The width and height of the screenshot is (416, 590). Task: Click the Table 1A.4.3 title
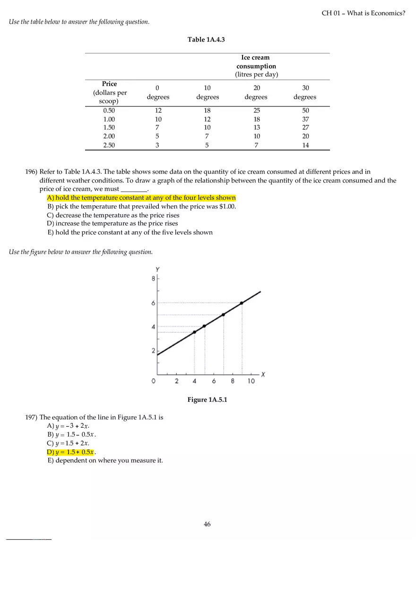coord(206,40)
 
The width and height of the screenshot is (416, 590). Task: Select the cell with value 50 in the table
coord(305,110)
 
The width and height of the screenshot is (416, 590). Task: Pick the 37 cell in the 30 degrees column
coord(305,119)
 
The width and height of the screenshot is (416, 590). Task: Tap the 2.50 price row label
coord(109,145)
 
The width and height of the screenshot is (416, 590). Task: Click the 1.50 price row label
coord(109,128)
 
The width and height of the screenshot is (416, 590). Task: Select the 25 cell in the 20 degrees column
coord(256,110)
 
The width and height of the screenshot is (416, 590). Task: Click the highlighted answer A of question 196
coord(141,198)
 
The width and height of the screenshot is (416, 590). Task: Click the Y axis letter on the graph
coord(157,269)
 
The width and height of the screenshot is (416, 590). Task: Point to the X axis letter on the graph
coord(263,374)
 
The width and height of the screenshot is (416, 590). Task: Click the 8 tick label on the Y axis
coord(153,279)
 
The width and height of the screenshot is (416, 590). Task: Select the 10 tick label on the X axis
coord(251,381)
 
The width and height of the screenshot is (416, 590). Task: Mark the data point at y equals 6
coord(242,303)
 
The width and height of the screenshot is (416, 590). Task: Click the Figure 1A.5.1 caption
coord(207,400)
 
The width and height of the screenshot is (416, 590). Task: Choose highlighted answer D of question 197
coord(71,452)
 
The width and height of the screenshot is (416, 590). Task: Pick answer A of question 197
coord(68,426)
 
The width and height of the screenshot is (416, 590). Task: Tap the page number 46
coord(207,524)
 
